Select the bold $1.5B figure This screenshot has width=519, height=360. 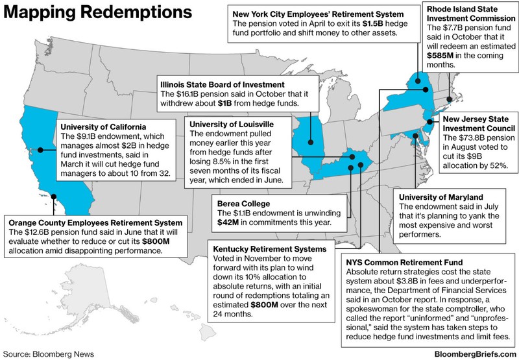pyautogui.click(x=368, y=22)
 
